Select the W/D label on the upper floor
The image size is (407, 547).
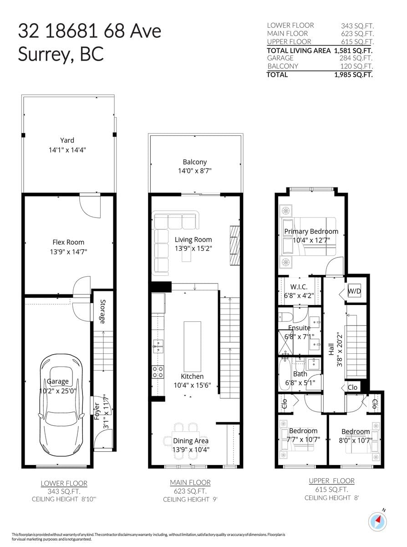(354, 291)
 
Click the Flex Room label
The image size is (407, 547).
(68, 243)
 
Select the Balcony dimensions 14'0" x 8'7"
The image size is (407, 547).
(194, 171)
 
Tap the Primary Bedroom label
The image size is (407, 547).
(311, 232)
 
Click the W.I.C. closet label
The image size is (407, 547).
(299, 287)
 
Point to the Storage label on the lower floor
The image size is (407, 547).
(102, 311)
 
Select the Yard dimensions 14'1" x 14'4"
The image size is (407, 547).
(67, 150)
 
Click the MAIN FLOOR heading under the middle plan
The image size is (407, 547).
(190, 482)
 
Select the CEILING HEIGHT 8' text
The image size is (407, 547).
(332, 498)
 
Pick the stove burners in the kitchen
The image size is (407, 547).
(158, 372)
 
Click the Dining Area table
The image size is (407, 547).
(186, 437)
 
